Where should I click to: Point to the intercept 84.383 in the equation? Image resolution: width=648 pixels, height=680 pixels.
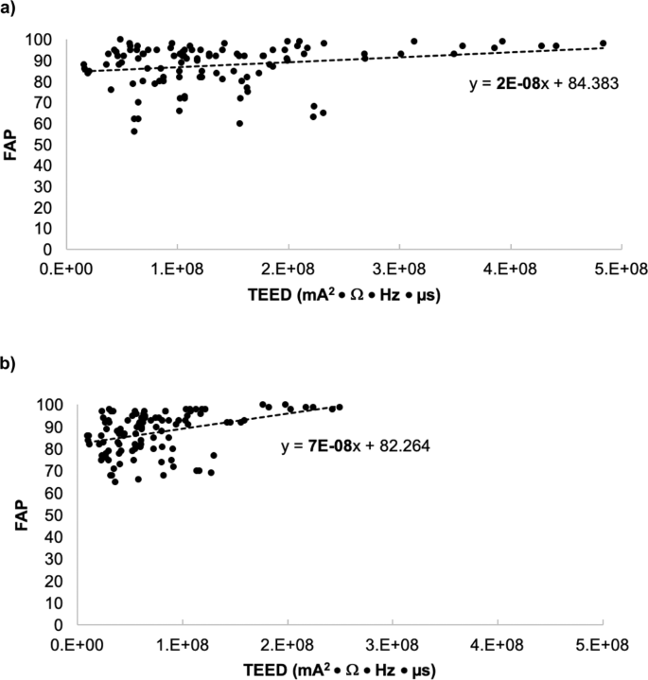(591, 84)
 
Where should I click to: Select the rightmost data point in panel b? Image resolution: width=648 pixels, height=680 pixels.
(340, 407)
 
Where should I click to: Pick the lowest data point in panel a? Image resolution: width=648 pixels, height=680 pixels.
(134, 131)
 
